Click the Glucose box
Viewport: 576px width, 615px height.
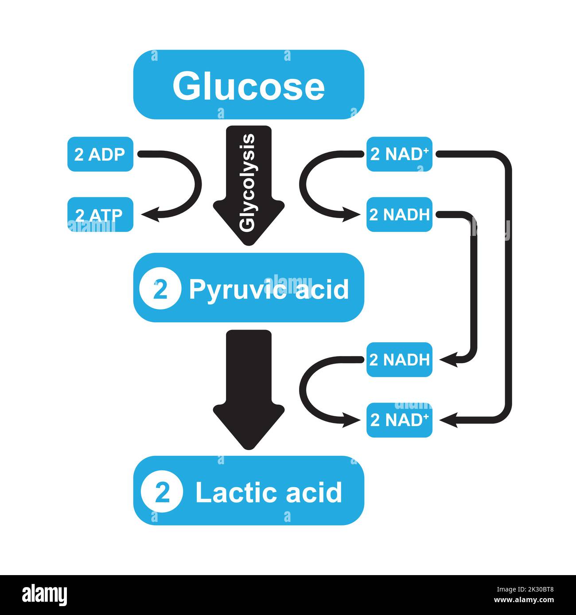coord(249,85)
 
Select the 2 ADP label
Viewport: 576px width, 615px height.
coord(100,154)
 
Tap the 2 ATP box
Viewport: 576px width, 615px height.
coord(100,215)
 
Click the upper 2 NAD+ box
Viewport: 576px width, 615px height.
coord(399,154)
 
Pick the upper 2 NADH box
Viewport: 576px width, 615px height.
coord(399,215)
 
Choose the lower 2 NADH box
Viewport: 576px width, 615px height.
coord(399,360)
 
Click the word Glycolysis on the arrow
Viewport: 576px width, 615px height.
coord(248,183)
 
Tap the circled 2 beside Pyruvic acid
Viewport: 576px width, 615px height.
coord(160,289)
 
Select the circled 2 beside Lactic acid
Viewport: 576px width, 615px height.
coord(162,492)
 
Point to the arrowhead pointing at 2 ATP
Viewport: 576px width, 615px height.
coord(149,215)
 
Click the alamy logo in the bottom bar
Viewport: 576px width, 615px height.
coord(45,595)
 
